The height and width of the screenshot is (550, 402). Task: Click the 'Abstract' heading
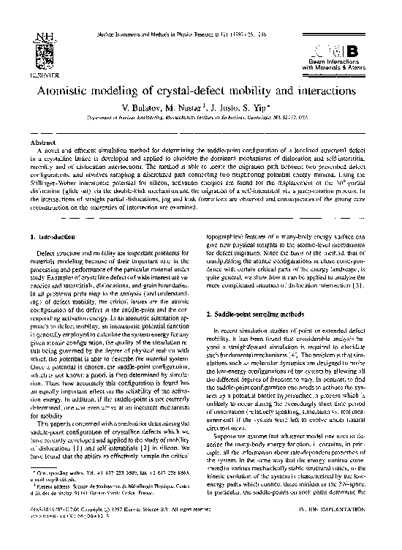click(x=38, y=142)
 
